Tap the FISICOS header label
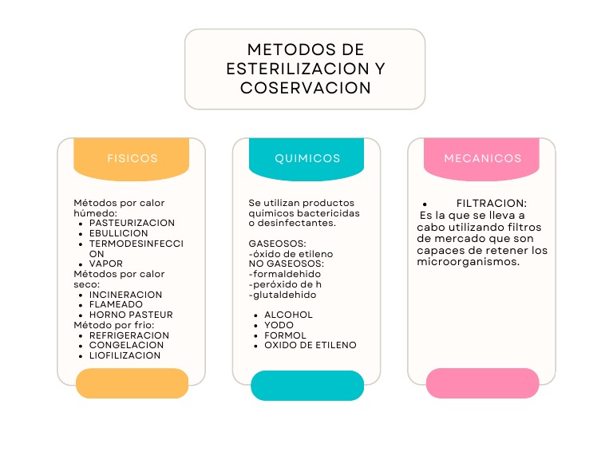pos(132,158)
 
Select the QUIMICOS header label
pos(307,158)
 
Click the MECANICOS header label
pos(482,158)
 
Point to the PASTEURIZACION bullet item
pos(132,223)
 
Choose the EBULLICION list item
pos(119,233)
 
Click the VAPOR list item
pos(105,264)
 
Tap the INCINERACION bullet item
pos(125,295)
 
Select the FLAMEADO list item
pos(116,304)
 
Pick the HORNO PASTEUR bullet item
pos(131,315)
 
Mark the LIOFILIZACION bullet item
pos(125,355)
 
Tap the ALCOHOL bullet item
pos(288,315)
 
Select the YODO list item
pos(279,325)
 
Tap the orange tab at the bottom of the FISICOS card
pos(132,383)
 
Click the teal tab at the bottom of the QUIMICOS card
pos(307,386)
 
